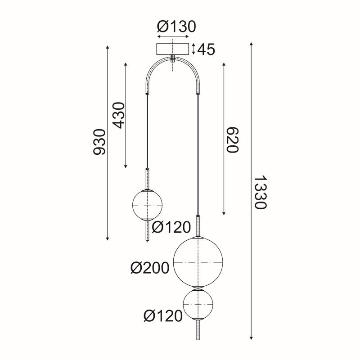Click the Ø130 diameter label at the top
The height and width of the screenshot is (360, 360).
[176, 27]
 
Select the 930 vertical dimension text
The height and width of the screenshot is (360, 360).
[99, 142]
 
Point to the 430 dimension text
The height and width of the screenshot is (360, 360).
[119, 115]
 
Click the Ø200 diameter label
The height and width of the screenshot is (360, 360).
[150, 268]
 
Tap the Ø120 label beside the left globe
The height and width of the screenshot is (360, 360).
[171, 228]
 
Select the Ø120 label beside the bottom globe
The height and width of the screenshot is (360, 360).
[163, 316]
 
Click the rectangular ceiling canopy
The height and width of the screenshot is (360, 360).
[173, 49]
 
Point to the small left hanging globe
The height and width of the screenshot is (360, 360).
[147, 205]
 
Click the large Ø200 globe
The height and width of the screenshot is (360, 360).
[198, 262]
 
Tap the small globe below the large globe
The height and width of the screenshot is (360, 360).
[198, 305]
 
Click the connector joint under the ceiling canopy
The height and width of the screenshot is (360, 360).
[173, 59]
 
